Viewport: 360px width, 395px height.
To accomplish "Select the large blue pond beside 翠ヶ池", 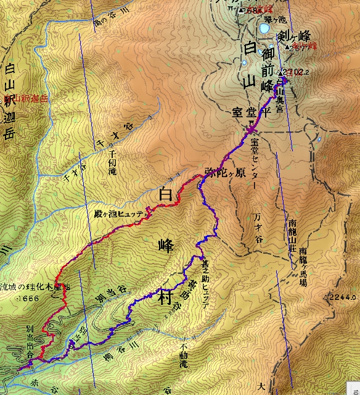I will tap(264, 29).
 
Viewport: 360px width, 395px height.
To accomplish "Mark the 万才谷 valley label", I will tap(258, 228).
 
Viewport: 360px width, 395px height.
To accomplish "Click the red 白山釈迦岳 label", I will tap(25, 98).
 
